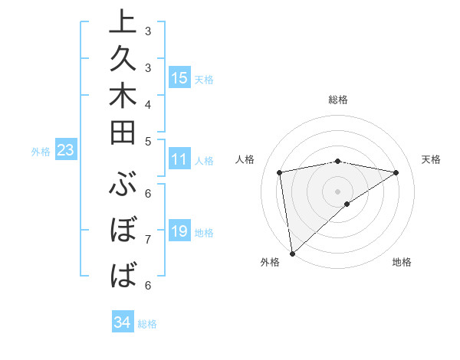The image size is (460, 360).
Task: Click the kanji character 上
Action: tap(123, 24)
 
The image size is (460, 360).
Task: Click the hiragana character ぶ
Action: tap(123, 188)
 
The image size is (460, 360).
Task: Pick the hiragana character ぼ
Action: tap(123, 231)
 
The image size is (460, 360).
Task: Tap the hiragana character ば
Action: tap(123, 274)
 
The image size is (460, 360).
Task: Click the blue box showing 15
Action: tap(179, 78)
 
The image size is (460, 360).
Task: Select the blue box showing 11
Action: tap(179, 160)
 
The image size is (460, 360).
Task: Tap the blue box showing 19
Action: tap(179, 232)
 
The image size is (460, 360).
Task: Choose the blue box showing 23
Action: tap(65, 151)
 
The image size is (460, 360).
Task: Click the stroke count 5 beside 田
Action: tap(148, 141)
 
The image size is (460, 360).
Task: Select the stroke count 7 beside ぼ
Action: tap(148, 239)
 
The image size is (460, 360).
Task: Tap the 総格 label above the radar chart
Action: tap(337, 100)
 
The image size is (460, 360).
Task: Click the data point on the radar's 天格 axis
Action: tap(396, 173)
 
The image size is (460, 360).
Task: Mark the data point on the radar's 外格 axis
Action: tap(292, 253)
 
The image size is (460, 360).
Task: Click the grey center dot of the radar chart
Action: tap(337, 191)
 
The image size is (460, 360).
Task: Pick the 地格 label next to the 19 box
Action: tap(204, 233)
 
